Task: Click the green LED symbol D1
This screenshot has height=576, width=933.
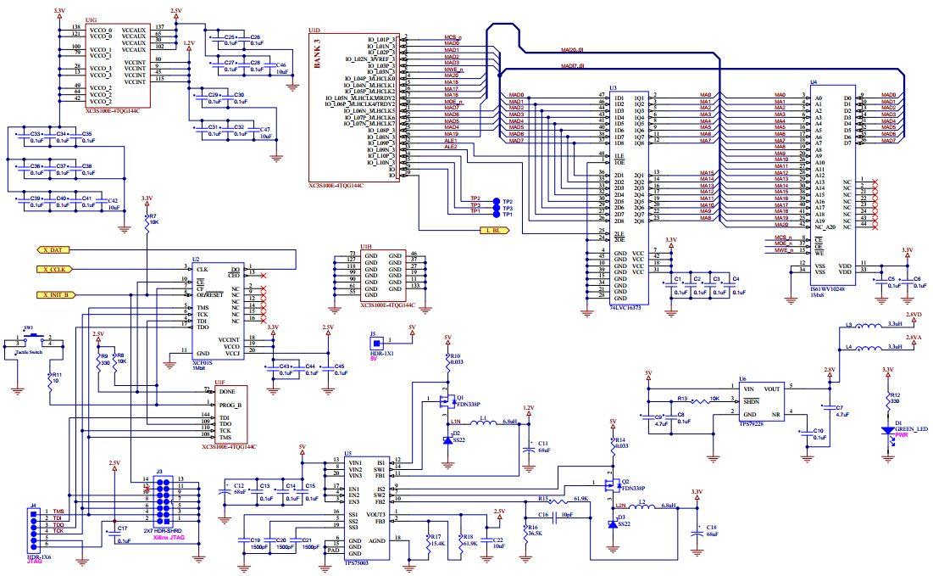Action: (x=891, y=431)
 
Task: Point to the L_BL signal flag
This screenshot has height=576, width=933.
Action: (x=494, y=230)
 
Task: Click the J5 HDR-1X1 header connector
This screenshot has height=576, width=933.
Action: (x=373, y=343)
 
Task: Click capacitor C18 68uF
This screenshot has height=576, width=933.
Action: (x=697, y=532)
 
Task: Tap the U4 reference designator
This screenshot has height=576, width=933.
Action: (x=814, y=82)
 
